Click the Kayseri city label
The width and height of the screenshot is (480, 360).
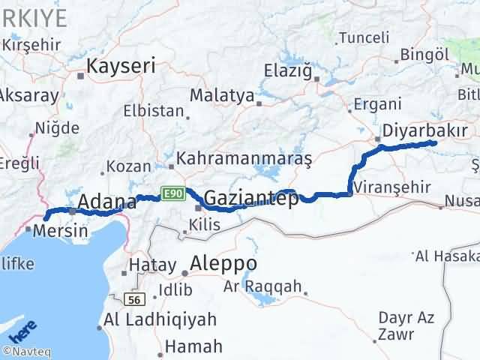pyautogui.click(x=121, y=66)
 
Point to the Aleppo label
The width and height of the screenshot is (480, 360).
pyautogui.click(x=223, y=264)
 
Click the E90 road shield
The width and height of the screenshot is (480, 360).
pyautogui.click(x=172, y=194)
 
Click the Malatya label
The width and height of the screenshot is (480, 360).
pyautogui.click(x=222, y=95)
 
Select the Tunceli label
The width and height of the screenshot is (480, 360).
pyautogui.click(x=364, y=37)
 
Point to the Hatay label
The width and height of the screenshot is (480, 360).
pyautogui.click(x=152, y=265)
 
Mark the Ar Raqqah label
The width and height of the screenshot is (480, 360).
pyautogui.click(x=262, y=286)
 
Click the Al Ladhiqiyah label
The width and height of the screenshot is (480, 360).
pyautogui.click(x=162, y=319)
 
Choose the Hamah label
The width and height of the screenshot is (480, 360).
pyautogui.click(x=193, y=346)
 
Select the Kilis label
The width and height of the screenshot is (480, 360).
pyautogui.click(x=205, y=223)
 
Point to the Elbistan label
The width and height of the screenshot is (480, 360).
pyautogui.click(x=154, y=111)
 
